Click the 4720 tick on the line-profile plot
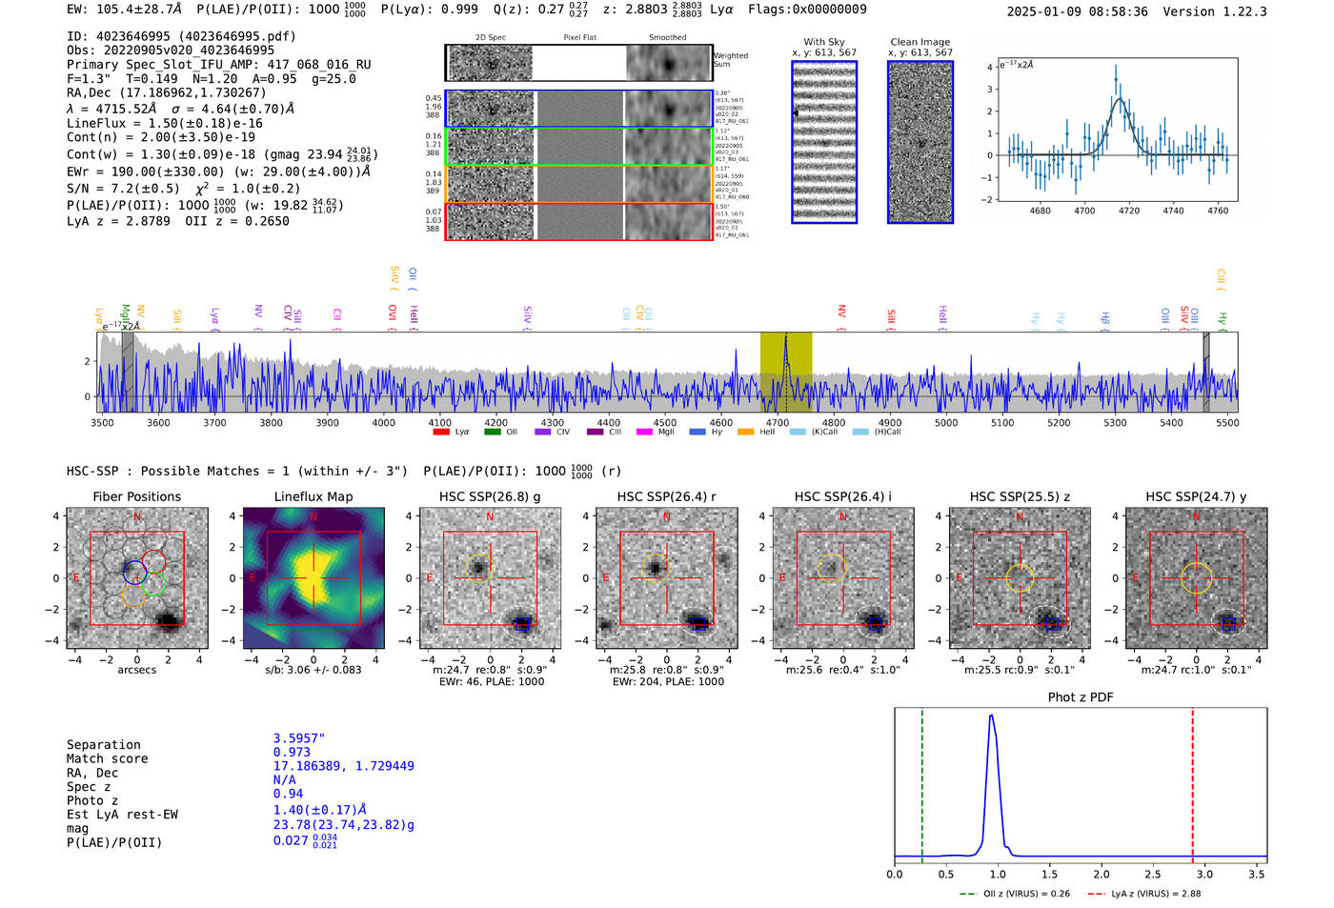tap(1129, 211)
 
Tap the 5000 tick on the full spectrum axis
tap(946, 422)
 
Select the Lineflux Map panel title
tap(313, 496)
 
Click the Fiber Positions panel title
tap(136, 496)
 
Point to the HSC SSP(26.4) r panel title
tap(666, 496)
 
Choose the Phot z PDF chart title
tap(1081, 697)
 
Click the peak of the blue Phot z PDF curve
tap(992, 716)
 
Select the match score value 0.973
tap(292, 753)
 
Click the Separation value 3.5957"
tap(299, 738)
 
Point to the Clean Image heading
tap(920, 42)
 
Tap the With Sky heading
tap(824, 42)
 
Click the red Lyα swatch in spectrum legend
tap(441, 433)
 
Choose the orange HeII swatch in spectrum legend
tap(745, 433)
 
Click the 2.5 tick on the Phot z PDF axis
tap(1153, 874)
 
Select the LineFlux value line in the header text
tap(164, 124)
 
